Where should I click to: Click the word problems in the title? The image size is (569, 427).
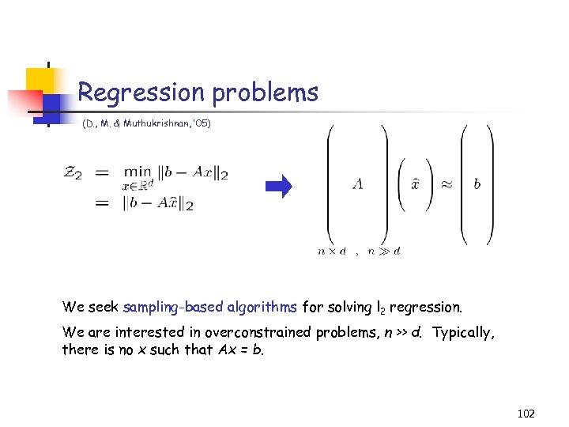[x=265, y=93]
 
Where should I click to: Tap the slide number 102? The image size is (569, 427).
[x=526, y=412]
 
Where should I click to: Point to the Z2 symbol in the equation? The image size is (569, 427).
[x=73, y=173]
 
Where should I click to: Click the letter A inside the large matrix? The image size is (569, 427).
[x=358, y=184]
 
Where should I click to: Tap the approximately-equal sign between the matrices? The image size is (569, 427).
[x=446, y=184]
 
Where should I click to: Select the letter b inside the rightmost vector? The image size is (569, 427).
[x=477, y=184]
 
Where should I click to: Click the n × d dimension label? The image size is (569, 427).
[x=331, y=251]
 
